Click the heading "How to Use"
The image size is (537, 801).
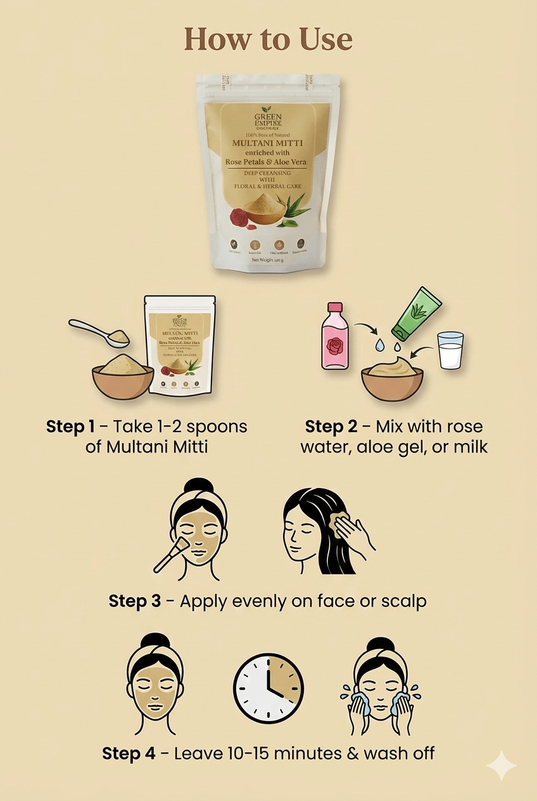(x=268, y=39)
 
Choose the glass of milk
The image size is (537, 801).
(x=450, y=350)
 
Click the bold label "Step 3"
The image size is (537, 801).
(x=134, y=601)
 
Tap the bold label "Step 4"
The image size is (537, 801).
(x=129, y=753)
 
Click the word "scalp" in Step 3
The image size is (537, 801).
(x=403, y=601)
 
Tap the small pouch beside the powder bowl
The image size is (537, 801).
(x=179, y=345)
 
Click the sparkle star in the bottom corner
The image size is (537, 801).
(x=501, y=766)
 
